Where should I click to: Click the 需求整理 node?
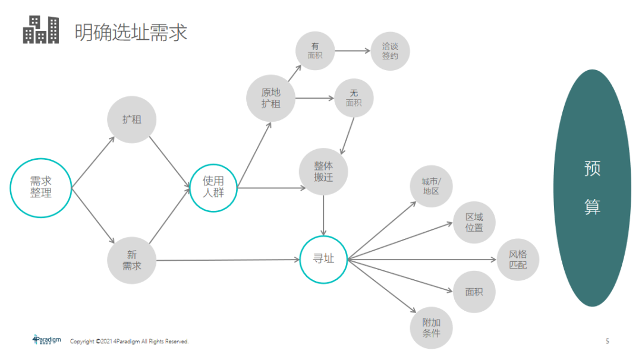[x=40, y=188]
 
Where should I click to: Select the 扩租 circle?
[x=131, y=119]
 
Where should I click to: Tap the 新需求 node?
[x=131, y=260]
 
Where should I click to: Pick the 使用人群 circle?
[x=214, y=187]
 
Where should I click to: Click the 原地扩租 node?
[x=270, y=98]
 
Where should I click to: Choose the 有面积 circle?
[x=315, y=51]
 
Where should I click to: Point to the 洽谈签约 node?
[x=390, y=51]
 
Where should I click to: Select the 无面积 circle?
[x=354, y=98]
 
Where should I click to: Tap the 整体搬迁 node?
[x=323, y=171]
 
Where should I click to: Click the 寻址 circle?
[x=323, y=259]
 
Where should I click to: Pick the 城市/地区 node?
[x=431, y=186]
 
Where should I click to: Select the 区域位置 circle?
[x=474, y=222]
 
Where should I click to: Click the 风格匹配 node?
[x=518, y=260]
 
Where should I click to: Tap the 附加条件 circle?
[x=431, y=327]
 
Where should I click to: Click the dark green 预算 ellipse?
[x=592, y=188]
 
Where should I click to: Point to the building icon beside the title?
[x=41, y=30]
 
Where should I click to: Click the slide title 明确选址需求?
[x=131, y=32]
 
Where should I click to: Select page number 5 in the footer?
[x=607, y=341]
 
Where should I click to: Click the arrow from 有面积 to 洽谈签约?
[x=352, y=51]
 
